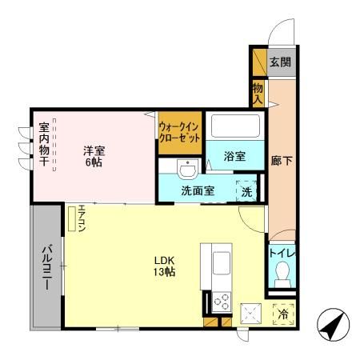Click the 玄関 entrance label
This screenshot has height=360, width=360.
279,62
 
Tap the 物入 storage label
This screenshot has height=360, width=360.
258,93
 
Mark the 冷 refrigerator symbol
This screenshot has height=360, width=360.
282,315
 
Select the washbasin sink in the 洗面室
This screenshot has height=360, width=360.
189,170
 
